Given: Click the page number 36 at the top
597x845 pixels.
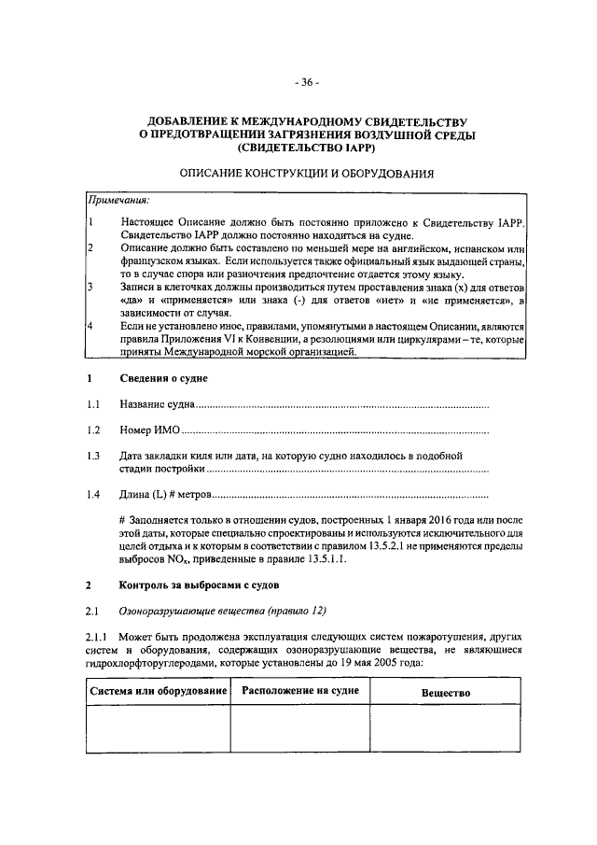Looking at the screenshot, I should pos(307,82).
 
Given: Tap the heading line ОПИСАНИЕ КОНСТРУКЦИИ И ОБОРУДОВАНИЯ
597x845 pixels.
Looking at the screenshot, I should pos(307,174).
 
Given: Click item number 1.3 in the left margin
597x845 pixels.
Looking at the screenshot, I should pos(93,455).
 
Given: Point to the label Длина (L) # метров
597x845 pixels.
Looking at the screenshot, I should pos(166,492).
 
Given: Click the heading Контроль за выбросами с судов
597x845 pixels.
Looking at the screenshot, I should pos(199,585).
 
